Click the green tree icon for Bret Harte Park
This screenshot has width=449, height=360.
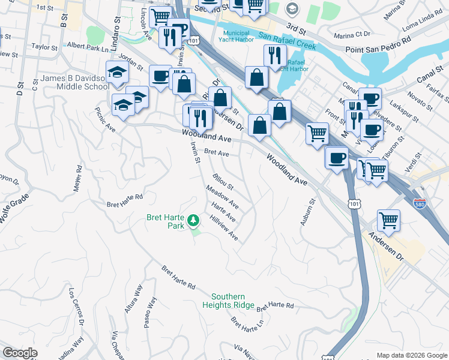coord(193,221)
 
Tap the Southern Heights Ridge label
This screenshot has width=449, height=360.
coord(228,301)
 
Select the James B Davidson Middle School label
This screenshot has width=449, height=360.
coord(74,82)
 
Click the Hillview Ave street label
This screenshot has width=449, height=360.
coord(224,229)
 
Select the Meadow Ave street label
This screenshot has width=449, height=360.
coord(222,197)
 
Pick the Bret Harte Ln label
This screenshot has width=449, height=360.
coord(247,327)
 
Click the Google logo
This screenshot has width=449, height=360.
coord(20,353)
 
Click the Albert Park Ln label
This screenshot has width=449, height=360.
coord(86,46)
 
